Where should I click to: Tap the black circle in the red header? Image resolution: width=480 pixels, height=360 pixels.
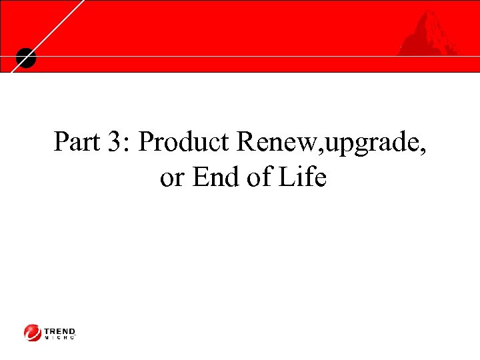(25, 58)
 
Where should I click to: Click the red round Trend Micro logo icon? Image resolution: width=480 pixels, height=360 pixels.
(33, 332)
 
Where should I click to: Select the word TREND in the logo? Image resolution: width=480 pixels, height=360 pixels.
(60, 330)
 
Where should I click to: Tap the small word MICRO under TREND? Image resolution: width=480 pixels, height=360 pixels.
(60, 337)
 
